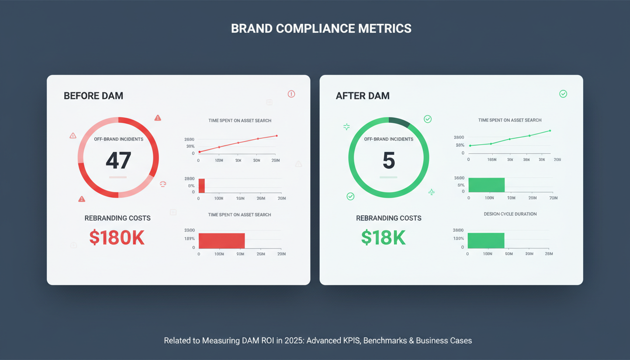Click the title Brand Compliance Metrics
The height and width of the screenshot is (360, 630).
(321, 29)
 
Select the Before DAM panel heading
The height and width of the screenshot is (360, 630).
(93, 96)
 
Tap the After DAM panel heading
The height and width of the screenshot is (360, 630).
(362, 96)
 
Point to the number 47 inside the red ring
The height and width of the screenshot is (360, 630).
(118, 161)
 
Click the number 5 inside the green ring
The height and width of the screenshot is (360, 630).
(389, 161)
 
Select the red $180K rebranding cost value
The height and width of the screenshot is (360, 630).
(117, 238)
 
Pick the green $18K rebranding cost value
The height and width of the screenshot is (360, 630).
(383, 238)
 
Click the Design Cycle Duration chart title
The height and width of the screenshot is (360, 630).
(510, 214)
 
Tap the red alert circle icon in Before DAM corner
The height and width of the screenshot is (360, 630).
(291, 94)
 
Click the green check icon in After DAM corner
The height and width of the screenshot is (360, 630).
(563, 94)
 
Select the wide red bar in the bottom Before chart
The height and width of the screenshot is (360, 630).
(222, 241)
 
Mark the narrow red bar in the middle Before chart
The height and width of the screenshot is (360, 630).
(202, 186)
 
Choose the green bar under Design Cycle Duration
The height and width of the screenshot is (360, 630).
(486, 240)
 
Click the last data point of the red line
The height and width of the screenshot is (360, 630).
(277, 136)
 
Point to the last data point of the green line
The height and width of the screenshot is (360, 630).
(550, 131)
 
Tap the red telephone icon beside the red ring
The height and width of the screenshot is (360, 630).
(163, 184)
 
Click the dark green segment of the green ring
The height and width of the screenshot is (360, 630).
(399, 122)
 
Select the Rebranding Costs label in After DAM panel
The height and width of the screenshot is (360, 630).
(389, 218)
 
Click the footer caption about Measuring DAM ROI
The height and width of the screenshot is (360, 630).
(318, 341)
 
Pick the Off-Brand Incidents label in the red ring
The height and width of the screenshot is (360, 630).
(119, 139)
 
